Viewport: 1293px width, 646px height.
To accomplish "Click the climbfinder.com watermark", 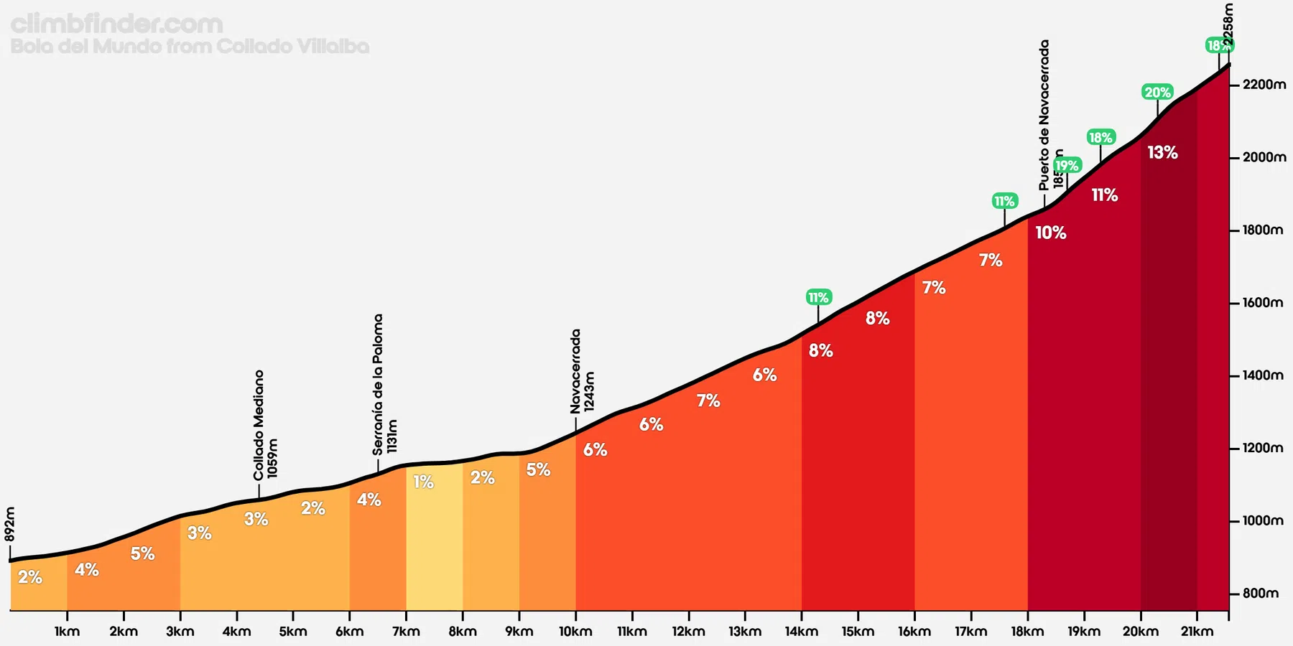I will tap(117, 24).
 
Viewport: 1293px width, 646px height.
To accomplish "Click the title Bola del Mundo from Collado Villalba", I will tap(190, 47).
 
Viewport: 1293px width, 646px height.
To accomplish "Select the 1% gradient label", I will tap(423, 482).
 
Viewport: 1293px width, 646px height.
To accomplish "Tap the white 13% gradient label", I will tap(1162, 152).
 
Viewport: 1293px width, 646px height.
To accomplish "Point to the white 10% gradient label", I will tap(1050, 233).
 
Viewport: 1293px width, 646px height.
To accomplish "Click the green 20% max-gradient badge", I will tap(1157, 92).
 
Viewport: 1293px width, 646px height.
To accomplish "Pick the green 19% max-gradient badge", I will tap(1067, 165).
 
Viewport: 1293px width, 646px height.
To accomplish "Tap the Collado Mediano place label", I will tap(259, 425).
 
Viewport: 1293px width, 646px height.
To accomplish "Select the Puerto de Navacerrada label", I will tap(1044, 115).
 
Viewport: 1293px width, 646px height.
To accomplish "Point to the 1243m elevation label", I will tap(589, 391).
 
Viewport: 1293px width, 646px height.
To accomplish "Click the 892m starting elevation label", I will tap(10, 524).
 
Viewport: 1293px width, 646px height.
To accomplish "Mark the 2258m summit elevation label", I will tap(1228, 26).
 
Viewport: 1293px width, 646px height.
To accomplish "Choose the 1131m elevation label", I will tap(392, 436).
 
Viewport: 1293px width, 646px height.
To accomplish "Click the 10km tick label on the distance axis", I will tap(575, 632).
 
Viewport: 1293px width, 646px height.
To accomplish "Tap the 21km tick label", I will tap(1197, 632).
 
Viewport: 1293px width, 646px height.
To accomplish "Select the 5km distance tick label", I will tap(293, 632).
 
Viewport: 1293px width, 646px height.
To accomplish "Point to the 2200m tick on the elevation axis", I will tap(1264, 85).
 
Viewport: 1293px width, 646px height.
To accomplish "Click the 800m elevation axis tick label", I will tap(1261, 594).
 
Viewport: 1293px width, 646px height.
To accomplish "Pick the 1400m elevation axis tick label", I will tap(1264, 375).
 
